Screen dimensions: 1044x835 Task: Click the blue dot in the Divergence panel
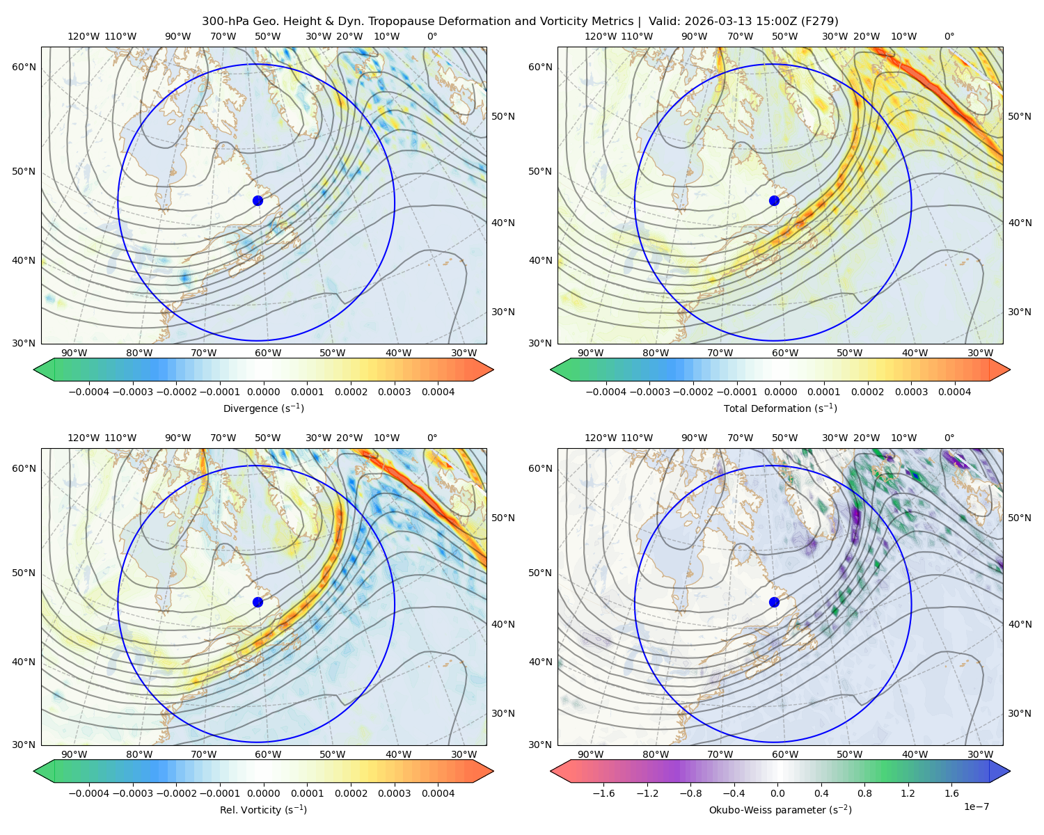point(258,201)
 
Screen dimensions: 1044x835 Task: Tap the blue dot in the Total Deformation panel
point(774,201)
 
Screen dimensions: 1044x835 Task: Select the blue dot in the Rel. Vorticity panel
point(258,602)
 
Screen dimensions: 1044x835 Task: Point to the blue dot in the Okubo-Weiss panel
point(774,602)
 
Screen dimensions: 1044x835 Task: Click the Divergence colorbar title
point(263,408)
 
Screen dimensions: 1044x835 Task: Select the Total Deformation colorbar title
point(780,408)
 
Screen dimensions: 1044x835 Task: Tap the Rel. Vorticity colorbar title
point(263,810)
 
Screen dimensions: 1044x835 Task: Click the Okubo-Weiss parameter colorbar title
point(780,810)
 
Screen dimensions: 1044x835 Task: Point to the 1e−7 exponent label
point(976,806)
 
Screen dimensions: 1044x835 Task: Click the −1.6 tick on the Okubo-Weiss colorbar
point(603,793)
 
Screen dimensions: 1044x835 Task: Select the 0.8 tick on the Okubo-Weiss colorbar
point(864,793)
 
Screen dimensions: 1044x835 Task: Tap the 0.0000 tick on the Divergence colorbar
point(263,392)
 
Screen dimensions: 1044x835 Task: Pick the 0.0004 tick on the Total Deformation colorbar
point(955,392)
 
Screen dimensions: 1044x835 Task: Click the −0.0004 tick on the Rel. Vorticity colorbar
point(89,793)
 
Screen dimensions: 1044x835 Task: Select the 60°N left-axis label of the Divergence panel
point(24,67)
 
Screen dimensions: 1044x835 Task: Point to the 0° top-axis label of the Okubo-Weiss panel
point(949,438)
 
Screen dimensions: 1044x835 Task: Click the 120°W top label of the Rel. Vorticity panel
point(84,438)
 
